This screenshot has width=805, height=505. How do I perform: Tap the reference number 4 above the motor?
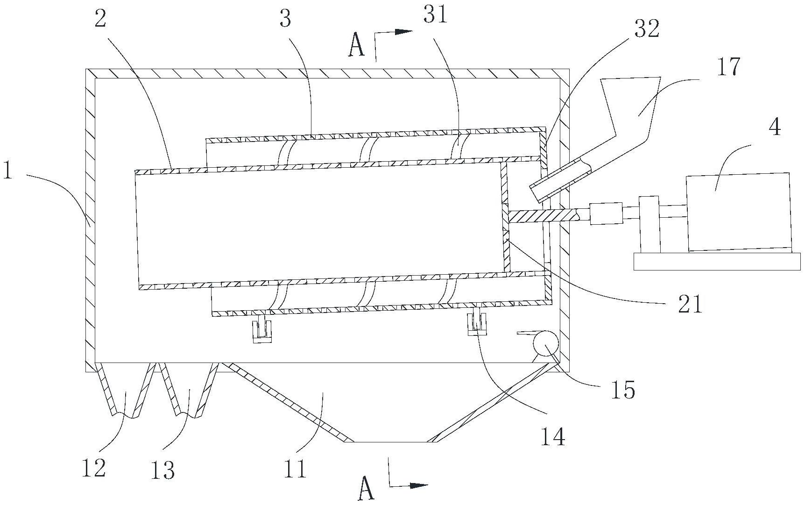774,127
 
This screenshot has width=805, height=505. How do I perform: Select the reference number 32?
646,30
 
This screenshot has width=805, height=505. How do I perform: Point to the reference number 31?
435,15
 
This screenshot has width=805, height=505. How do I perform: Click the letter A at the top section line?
357,47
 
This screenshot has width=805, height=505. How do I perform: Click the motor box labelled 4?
739,213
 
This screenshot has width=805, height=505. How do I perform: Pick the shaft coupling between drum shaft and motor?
607,214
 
